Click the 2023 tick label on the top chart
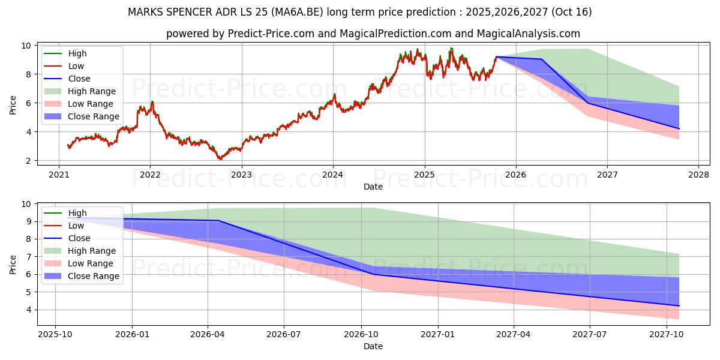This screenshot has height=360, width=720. click(241, 175)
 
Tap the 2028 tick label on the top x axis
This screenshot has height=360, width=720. click(698, 175)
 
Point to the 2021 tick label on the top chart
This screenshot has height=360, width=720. click(58, 175)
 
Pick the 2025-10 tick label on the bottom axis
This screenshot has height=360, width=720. click(55, 334)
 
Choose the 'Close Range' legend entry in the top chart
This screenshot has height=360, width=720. click(93, 116)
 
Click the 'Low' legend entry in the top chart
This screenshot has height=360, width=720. click(76, 66)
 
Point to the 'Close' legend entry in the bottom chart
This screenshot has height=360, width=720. click(79, 238)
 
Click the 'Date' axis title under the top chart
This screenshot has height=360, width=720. click(373, 187)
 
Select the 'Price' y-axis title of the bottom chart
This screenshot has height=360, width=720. click(13, 264)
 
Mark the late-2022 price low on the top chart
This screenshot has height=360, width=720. click(220, 159)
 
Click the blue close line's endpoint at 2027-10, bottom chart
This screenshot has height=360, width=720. click(679, 306)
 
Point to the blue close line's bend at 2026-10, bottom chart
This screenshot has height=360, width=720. click(374, 274)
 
